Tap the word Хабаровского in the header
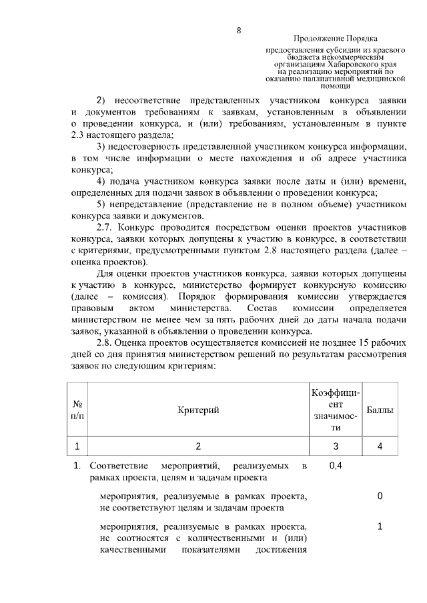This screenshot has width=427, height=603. pos(356,64)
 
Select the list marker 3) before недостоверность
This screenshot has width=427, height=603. pos(101,146)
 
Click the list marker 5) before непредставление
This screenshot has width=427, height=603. pos(101,203)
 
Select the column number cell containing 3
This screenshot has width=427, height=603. pos(336,446)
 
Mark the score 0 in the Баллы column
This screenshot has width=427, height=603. pos(380,496)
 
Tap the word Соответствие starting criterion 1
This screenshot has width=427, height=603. pos(117,466)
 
